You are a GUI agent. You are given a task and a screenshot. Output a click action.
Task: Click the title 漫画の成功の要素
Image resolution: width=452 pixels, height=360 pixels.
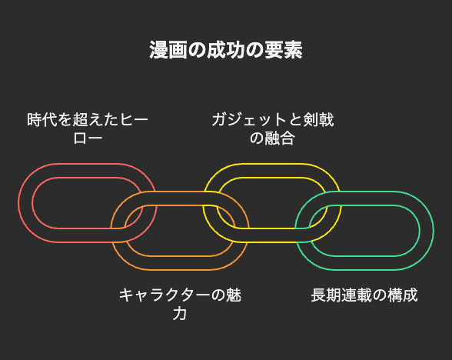[226, 50]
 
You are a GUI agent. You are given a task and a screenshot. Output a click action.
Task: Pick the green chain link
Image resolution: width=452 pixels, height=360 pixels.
[427, 231]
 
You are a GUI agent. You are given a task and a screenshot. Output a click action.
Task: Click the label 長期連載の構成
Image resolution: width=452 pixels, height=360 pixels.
[364, 295]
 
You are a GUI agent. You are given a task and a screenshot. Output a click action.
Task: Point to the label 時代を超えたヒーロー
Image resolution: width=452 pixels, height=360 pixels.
[88, 128]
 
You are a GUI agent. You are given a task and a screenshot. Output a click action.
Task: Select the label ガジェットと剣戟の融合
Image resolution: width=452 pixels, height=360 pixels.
[272, 128]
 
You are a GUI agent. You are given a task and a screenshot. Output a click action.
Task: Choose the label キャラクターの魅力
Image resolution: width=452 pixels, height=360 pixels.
[180, 304]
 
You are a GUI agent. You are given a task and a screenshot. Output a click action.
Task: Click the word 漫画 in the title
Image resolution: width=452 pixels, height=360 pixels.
[168, 50]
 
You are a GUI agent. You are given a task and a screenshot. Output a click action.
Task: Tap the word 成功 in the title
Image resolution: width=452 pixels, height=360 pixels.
[226, 50]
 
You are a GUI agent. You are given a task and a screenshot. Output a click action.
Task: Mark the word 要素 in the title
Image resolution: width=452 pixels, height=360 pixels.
[284, 50]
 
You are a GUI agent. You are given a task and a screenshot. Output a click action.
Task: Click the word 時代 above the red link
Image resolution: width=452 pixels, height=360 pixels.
[42, 120]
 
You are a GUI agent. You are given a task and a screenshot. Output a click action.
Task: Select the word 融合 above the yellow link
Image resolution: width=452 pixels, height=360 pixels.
[280, 138]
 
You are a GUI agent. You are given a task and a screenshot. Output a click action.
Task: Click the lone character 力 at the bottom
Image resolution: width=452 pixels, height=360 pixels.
[180, 313]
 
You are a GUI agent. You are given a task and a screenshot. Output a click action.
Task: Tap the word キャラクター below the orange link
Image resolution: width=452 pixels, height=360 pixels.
[165, 295]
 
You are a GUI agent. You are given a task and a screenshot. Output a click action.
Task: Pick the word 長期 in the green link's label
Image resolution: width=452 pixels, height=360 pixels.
[326, 295]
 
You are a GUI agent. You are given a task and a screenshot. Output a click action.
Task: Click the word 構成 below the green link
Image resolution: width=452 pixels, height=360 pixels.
[403, 295]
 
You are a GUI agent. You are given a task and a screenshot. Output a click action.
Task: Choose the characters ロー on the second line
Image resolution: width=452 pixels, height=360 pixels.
[88, 138]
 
